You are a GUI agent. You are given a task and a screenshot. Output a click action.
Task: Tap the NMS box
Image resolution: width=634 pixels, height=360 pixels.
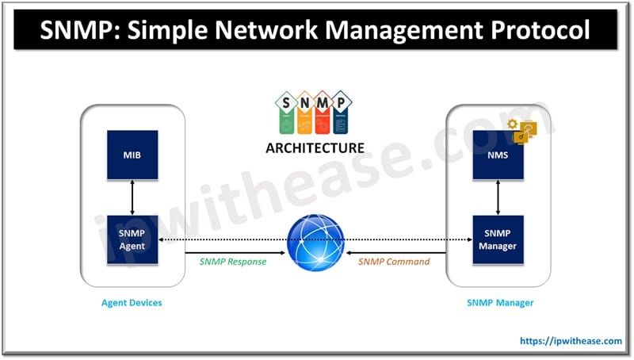(x=497, y=154)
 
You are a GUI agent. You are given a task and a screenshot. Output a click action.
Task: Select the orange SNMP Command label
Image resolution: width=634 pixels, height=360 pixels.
(x=393, y=262)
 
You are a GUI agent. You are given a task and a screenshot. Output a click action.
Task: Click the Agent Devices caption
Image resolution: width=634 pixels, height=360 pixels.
(x=132, y=302)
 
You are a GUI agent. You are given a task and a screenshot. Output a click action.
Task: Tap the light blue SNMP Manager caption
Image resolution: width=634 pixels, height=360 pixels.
(x=497, y=302)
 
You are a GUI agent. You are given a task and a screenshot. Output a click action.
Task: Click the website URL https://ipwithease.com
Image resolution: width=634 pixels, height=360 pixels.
(x=571, y=341)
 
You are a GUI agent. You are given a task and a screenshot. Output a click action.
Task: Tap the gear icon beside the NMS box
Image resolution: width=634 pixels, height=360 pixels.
(x=514, y=125)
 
